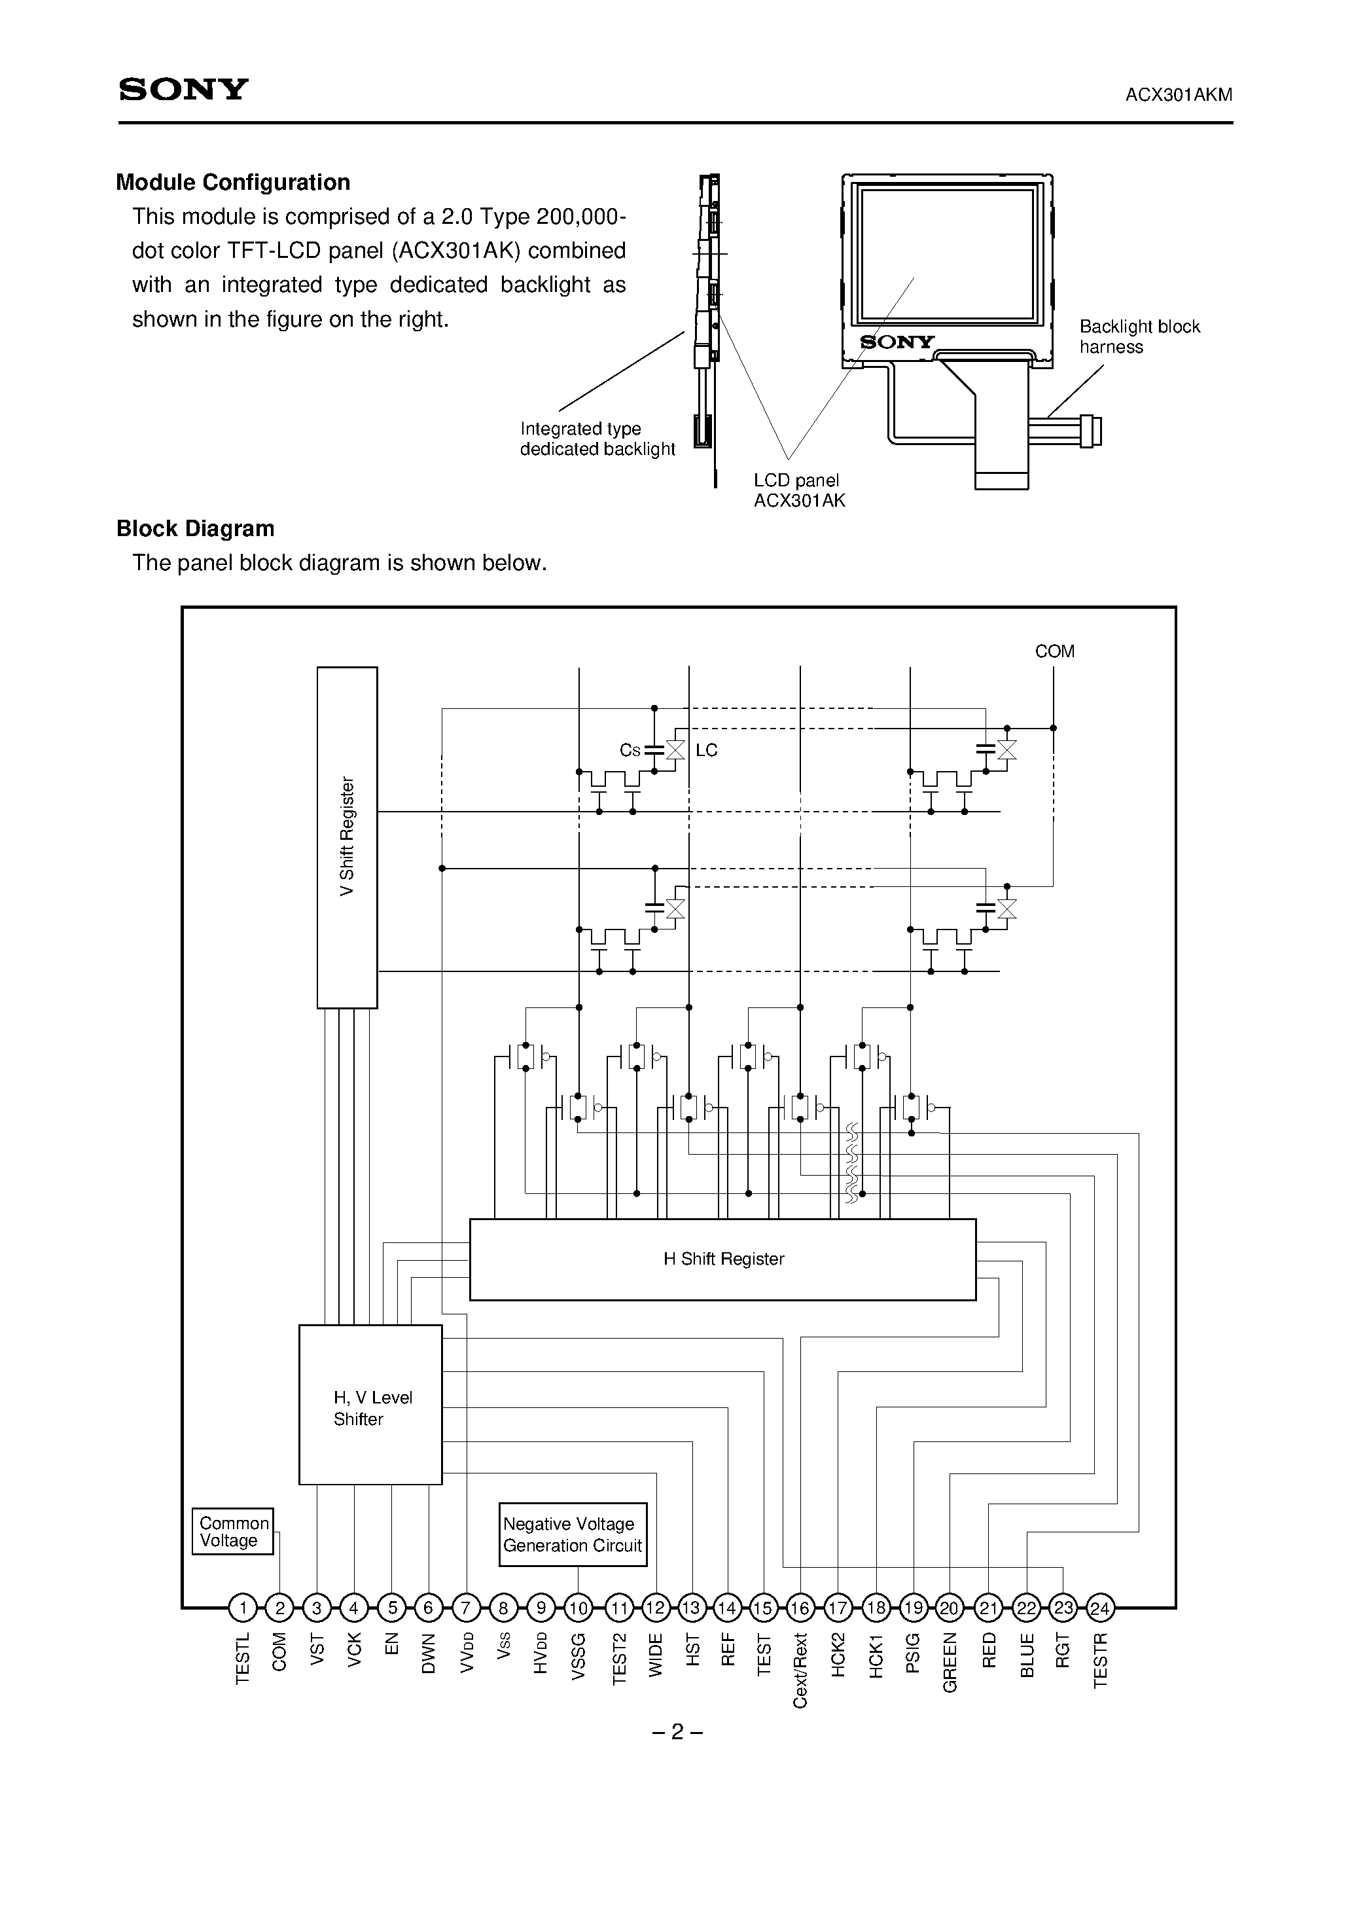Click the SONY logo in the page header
click(183, 89)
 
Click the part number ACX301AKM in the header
click(1178, 95)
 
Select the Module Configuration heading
click(232, 183)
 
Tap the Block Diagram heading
click(195, 528)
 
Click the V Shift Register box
click(347, 837)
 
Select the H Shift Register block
click(722, 1259)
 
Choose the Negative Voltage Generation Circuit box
click(573, 1535)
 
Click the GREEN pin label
click(950, 1662)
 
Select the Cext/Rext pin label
click(800, 1670)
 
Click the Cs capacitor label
click(630, 750)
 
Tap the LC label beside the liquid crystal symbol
click(706, 750)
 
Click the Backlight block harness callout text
click(1139, 337)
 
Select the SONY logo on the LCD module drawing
click(897, 342)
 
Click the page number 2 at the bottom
click(677, 1732)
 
